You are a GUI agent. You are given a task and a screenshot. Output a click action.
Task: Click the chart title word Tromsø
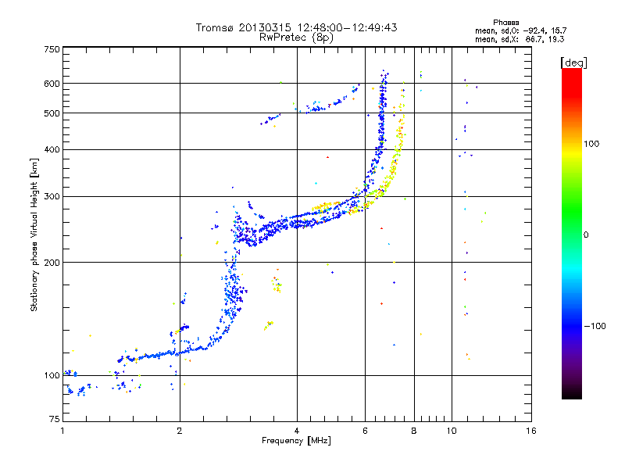221,27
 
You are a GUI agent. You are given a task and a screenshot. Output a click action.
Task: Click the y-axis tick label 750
52,49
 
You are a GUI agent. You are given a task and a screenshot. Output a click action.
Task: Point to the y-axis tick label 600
52,84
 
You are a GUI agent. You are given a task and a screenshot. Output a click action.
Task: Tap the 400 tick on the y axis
52,150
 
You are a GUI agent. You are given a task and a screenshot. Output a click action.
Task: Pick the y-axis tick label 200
52,263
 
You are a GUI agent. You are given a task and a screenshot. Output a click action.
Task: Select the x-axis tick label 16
531,431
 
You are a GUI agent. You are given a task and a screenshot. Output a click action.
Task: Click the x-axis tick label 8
414,431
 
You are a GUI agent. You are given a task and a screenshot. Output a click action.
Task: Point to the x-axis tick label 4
297,431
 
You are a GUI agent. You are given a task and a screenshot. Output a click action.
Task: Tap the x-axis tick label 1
62,431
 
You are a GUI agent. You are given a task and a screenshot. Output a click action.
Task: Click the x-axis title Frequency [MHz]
296,442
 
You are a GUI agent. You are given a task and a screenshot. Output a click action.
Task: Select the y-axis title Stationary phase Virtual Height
34,234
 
